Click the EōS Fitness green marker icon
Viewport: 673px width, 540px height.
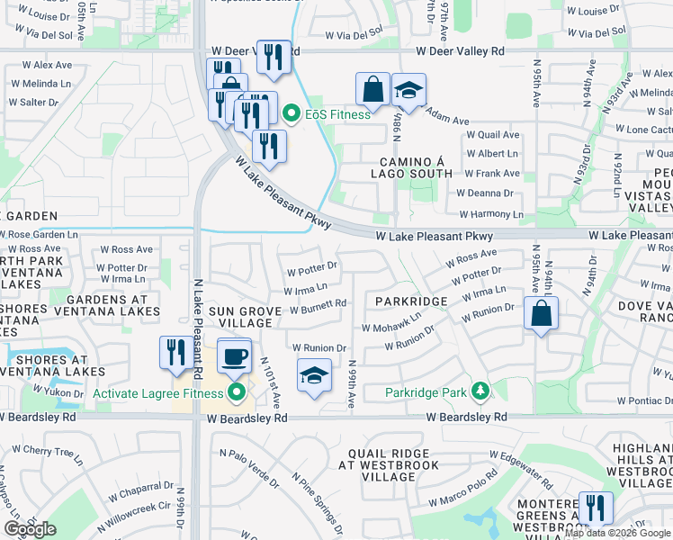pyautogui.click(x=292, y=114)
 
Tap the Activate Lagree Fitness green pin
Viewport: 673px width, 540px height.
pyautogui.click(x=238, y=392)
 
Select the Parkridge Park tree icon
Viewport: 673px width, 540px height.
pyautogui.click(x=481, y=391)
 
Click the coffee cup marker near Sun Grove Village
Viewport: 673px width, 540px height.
pyautogui.click(x=234, y=355)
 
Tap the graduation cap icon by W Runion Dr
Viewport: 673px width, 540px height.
pyautogui.click(x=315, y=376)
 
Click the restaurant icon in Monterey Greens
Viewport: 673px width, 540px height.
pyautogui.click(x=595, y=508)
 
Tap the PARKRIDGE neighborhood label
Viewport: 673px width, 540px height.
pyautogui.click(x=411, y=301)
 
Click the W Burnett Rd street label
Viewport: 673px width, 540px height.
pyautogui.click(x=318, y=303)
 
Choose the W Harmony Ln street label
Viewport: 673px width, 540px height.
pyautogui.click(x=490, y=214)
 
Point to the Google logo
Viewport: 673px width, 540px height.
pyautogui.click(x=30, y=529)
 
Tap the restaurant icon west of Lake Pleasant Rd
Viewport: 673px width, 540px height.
pyautogui.click(x=175, y=353)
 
